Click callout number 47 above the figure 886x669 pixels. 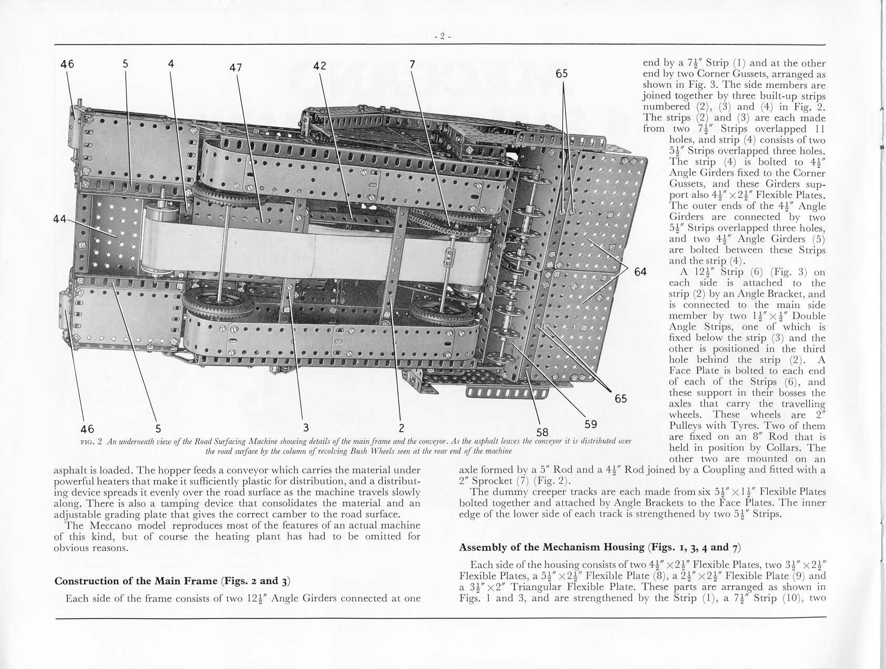coord(236,67)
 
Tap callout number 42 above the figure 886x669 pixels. coord(320,66)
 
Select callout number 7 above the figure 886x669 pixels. coord(413,64)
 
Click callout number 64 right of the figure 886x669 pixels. coord(640,271)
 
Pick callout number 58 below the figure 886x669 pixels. coord(542,432)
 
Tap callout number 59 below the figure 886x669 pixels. coord(591,424)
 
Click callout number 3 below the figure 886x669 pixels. coord(305,427)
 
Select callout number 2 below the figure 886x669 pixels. coord(401,427)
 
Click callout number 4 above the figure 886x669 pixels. coord(171,64)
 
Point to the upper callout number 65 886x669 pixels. coord(562,74)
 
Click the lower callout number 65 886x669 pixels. coord(621,399)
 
